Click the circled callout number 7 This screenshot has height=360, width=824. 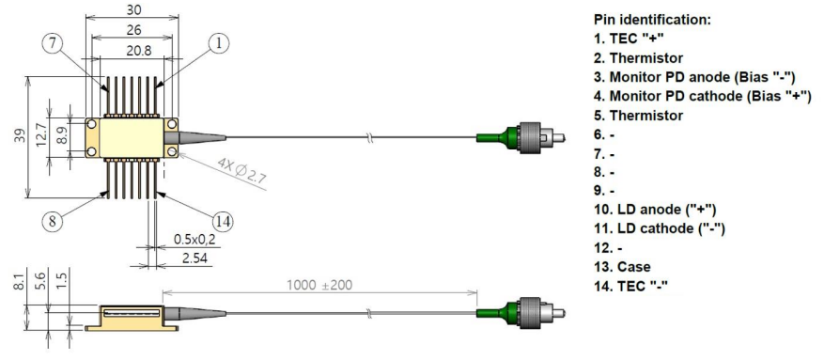click(x=52, y=43)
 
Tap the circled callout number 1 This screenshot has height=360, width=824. click(x=219, y=43)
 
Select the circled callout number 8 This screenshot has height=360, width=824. click(x=52, y=221)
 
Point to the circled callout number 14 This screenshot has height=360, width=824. click(x=224, y=221)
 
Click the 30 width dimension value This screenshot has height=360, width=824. click(x=132, y=9)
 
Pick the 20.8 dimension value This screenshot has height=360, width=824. click(x=133, y=51)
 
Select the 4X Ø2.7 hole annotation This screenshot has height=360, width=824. click(x=241, y=172)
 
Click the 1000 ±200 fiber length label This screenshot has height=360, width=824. click(x=319, y=285)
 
